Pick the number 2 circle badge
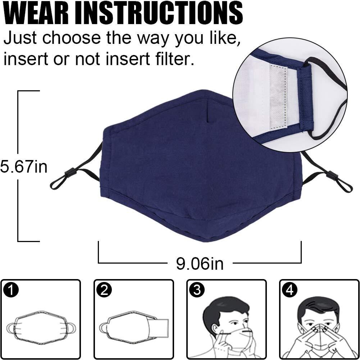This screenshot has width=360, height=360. (104, 291)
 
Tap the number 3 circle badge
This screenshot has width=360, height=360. (197, 290)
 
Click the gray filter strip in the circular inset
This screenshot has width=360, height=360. (278, 96)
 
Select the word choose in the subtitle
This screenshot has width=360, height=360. (72, 37)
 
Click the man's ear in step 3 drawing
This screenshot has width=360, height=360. (215, 328)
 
